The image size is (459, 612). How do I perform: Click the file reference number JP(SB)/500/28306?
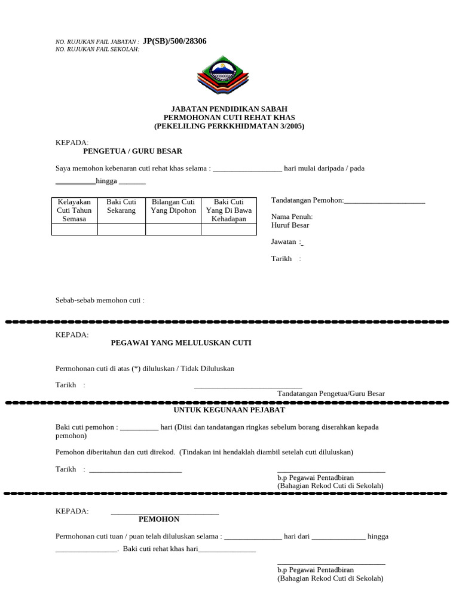pyautogui.click(x=175, y=41)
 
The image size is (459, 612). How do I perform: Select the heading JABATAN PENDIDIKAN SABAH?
pyautogui.click(x=229, y=109)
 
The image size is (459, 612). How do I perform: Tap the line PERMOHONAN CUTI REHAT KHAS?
pyautogui.click(x=229, y=118)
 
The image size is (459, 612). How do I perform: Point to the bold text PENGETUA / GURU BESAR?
pyautogui.click(x=132, y=151)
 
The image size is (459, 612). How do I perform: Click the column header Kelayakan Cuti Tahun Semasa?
pyautogui.click(x=74, y=210)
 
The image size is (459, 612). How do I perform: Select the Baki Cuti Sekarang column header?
pyautogui.click(x=121, y=206)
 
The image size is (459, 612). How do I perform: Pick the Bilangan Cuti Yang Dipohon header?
pyautogui.click(x=173, y=206)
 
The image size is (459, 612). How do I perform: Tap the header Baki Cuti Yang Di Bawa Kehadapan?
pyautogui.click(x=229, y=210)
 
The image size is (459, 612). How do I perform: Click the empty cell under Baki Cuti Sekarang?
pyautogui.click(x=121, y=229)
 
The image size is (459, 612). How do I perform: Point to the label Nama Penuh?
pyautogui.click(x=292, y=216)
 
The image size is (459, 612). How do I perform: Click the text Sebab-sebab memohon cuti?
pyautogui.click(x=100, y=300)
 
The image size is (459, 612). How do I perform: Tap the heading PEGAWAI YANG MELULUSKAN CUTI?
pyautogui.click(x=181, y=342)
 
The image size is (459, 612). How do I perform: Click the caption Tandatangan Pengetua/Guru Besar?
pyautogui.click(x=331, y=393)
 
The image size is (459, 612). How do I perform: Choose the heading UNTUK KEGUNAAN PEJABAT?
pyautogui.click(x=229, y=410)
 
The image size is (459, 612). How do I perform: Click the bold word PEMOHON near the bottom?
pyautogui.click(x=159, y=519)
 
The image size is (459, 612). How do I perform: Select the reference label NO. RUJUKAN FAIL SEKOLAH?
pyautogui.click(x=97, y=49)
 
